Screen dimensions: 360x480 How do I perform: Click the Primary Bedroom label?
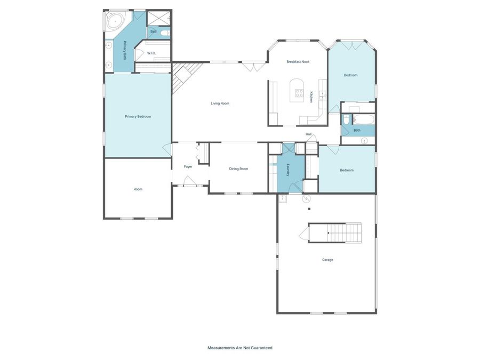138,116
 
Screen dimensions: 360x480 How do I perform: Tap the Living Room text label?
220,103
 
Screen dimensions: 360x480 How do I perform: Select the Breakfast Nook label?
298,62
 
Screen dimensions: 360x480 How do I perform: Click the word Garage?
327,260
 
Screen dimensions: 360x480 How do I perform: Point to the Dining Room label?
238,169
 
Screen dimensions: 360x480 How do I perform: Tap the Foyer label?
188,167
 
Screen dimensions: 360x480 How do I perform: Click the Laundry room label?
288,170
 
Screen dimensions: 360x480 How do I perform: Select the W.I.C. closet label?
151,53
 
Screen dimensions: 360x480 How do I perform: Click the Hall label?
308,134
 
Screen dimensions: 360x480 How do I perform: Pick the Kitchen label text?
311,96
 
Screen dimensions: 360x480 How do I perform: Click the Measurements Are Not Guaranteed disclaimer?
239,348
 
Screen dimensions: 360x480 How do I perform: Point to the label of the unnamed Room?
138,189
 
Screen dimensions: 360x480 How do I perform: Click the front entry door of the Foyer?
189,182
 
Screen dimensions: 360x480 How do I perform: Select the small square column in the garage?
309,209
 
